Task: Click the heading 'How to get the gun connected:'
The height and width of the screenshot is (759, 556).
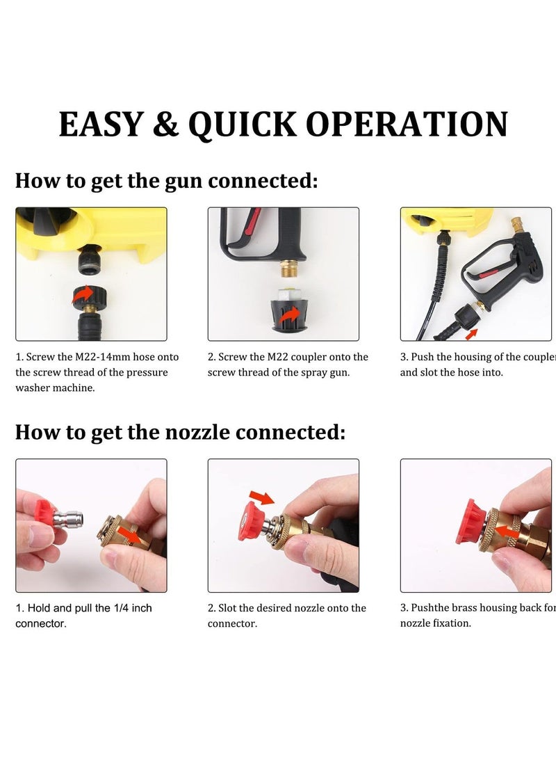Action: tap(167, 182)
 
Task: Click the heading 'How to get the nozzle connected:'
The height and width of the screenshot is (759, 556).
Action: tap(180, 432)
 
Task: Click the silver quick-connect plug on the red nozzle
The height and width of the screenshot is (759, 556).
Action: tap(69, 518)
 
